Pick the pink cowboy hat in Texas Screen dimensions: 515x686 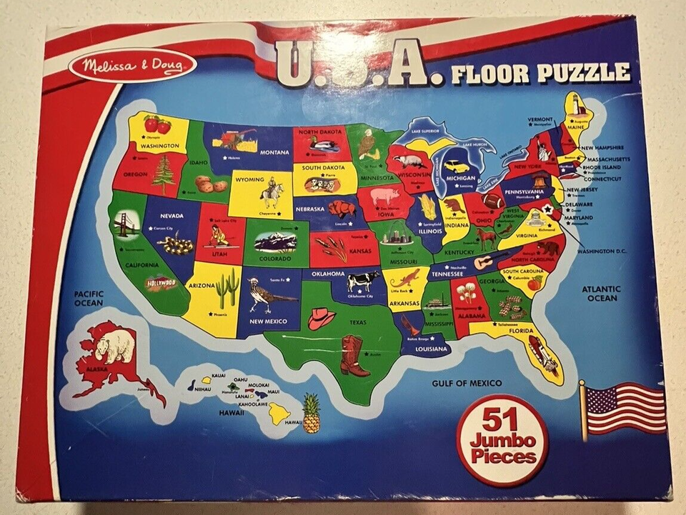click(321, 318)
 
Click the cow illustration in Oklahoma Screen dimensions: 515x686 click(363, 281)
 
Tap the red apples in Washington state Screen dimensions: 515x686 click(157, 124)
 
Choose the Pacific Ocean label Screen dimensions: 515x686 click(89, 298)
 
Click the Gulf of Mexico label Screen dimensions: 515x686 click(467, 384)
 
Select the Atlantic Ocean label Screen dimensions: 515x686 click(602, 294)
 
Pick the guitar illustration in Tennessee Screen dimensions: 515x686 click(490, 261)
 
